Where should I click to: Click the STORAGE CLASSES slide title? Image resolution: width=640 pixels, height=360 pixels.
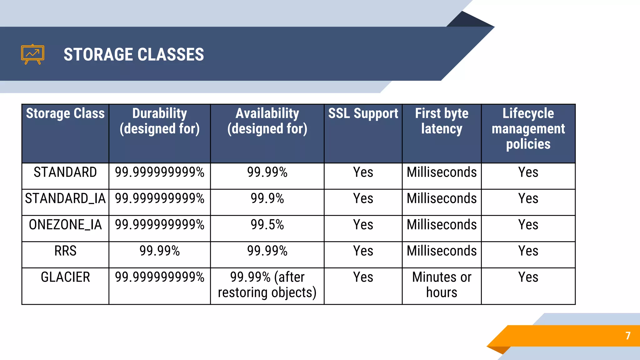134,54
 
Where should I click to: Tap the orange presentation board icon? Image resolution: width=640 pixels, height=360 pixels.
32,54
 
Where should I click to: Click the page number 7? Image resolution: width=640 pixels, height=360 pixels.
628,336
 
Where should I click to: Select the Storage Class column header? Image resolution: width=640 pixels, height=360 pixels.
65,113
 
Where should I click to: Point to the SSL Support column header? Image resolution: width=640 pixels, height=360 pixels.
363,113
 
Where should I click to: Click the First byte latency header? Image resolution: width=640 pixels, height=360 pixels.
442,121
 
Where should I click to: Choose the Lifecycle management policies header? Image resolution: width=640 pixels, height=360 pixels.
528,128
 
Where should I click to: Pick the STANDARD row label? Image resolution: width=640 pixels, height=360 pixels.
65,172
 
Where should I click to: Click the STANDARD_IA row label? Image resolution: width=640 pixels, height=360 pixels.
65,199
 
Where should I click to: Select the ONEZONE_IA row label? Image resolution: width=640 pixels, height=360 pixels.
65,225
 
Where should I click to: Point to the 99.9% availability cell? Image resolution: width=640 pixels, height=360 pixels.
267,199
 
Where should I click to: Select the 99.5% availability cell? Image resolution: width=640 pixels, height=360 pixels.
267,225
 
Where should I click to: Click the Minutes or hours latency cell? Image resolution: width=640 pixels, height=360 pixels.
442,285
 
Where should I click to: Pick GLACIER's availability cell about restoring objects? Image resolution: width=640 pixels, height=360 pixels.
267,285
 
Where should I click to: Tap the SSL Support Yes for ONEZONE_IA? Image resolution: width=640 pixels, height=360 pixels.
363,225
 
